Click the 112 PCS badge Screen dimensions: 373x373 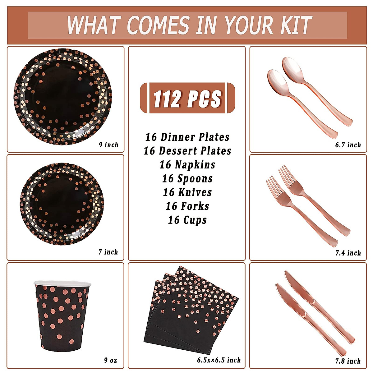click(187, 98)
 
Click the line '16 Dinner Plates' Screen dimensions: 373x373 click(187, 137)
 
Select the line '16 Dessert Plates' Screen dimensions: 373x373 click(187, 151)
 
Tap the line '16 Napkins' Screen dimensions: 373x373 click(187, 164)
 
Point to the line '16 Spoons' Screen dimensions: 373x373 click(187, 178)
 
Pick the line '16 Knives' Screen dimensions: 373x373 click(187, 192)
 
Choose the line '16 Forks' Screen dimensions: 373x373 click(187, 206)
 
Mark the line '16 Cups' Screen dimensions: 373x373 click(187, 220)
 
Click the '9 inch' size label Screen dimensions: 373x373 click(108, 145)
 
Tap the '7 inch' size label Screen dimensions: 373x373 click(108, 252)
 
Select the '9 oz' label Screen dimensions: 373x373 click(111, 360)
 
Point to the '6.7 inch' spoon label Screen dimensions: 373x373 click(348, 145)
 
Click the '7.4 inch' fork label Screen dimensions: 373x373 click(348, 253)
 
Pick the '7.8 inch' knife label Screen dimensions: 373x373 click(348, 361)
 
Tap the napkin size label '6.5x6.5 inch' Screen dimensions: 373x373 click(219, 360)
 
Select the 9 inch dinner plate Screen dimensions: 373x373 click(63, 97)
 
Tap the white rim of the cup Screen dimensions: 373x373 click(62, 283)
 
